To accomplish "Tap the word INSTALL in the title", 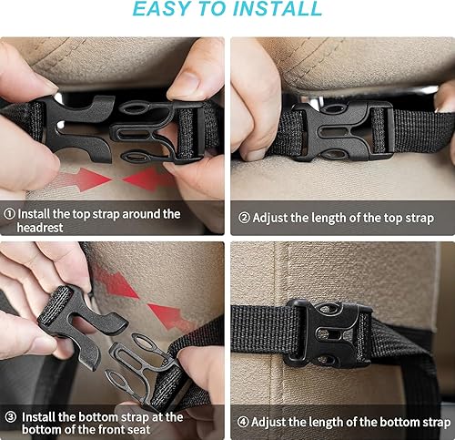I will [x=277, y=10].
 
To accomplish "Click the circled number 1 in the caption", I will [x=10, y=214].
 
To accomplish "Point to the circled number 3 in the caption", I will [x=10, y=416].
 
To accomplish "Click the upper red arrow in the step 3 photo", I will [x=116, y=281].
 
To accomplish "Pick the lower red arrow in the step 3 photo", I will [x=168, y=316].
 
